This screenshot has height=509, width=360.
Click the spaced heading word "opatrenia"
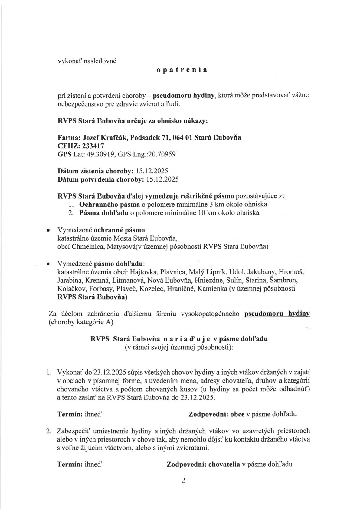pyautogui.click(x=182, y=70)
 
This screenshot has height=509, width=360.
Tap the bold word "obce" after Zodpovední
pyautogui.click(x=237, y=414)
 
